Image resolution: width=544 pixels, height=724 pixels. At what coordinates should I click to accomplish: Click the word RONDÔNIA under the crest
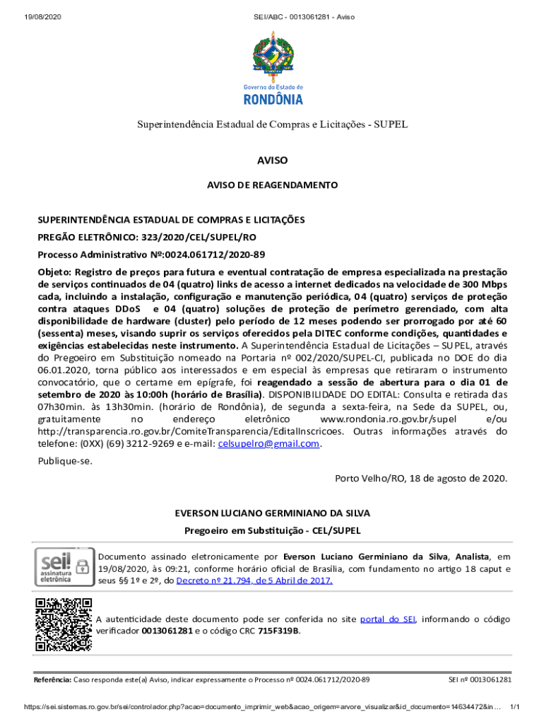click(272, 98)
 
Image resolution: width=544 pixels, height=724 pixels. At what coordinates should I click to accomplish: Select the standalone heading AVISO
click(272, 160)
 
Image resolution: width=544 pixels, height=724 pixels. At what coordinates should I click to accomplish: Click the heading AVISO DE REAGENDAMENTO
click(272, 185)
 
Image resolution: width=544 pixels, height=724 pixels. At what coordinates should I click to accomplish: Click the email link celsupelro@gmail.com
click(269, 444)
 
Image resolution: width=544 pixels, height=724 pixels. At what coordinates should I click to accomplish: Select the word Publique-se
click(65, 461)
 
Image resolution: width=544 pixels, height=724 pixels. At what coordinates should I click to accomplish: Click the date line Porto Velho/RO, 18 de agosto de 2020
click(421, 478)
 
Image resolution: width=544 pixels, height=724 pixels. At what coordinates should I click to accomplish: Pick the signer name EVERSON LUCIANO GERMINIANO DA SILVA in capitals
click(272, 513)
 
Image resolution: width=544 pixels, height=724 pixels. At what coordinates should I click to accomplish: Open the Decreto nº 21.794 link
click(254, 581)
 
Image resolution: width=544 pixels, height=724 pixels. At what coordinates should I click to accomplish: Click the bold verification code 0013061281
click(167, 631)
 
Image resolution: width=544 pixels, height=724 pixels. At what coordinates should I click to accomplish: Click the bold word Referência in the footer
click(53, 679)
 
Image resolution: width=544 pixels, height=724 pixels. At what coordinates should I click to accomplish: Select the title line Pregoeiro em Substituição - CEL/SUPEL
click(272, 530)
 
